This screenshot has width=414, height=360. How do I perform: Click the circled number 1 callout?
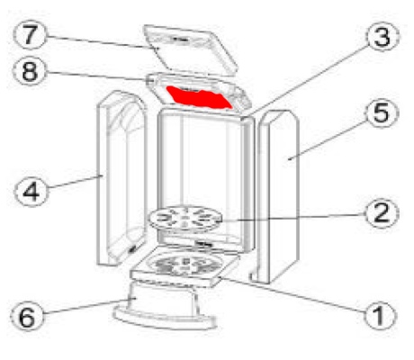[x=380, y=316]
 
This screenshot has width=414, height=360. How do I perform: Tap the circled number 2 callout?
[x=382, y=213]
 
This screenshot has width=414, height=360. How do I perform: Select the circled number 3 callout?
[x=382, y=37]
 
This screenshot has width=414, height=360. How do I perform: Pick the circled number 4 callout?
[x=31, y=191]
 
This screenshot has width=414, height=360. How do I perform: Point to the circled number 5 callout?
[x=382, y=112]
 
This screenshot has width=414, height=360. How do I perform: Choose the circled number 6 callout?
[x=27, y=317]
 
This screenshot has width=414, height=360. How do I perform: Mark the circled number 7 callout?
[x=30, y=35]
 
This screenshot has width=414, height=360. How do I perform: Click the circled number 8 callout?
[x=30, y=71]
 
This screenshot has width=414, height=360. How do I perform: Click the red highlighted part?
[x=199, y=97]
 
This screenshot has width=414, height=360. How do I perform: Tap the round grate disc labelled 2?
[x=185, y=218]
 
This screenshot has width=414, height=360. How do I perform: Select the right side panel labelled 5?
[x=277, y=196]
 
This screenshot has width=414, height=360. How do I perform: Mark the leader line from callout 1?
[x=292, y=295]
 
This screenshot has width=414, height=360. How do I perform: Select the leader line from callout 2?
[x=294, y=218]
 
